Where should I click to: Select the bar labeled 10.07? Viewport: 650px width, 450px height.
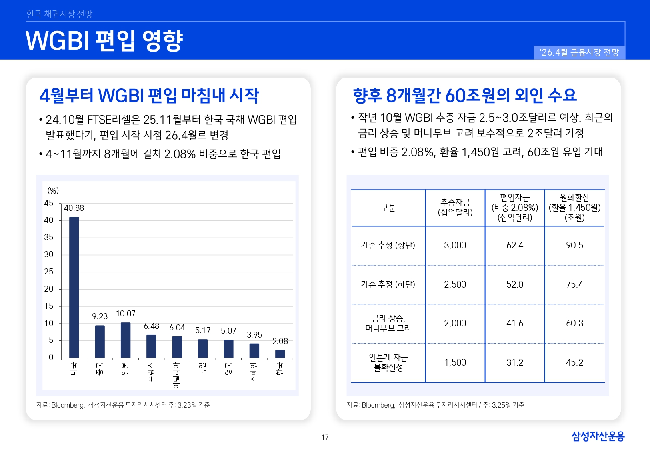[x=126, y=340]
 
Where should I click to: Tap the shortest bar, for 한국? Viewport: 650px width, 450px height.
[x=280, y=354]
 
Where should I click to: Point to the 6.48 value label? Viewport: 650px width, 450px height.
[x=152, y=326]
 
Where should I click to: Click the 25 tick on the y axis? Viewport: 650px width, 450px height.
[x=48, y=272]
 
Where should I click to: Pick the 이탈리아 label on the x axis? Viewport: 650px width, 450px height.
[x=176, y=375]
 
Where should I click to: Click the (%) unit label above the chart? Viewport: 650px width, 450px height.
[x=53, y=190]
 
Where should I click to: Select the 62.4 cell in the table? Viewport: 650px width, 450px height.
[x=515, y=245]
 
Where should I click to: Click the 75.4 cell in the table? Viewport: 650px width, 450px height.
[x=574, y=284]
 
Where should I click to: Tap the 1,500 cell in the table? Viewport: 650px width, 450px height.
[x=455, y=362]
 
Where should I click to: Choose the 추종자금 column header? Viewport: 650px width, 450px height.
[x=455, y=207]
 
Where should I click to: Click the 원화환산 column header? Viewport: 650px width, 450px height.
[x=574, y=207]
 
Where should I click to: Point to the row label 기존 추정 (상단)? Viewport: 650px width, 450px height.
[x=388, y=245]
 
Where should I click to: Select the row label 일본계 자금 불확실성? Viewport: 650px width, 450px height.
[x=388, y=362]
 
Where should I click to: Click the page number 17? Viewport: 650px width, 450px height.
[x=325, y=437]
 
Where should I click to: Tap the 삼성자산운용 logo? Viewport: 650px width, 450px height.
[x=598, y=436]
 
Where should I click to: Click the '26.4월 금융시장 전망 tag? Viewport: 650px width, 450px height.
[x=579, y=52]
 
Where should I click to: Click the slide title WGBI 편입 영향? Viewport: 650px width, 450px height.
[x=104, y=41]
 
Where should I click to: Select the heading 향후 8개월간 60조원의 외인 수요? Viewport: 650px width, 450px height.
[x=465, y=95]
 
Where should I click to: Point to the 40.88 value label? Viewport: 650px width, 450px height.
[x=74, y=208]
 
